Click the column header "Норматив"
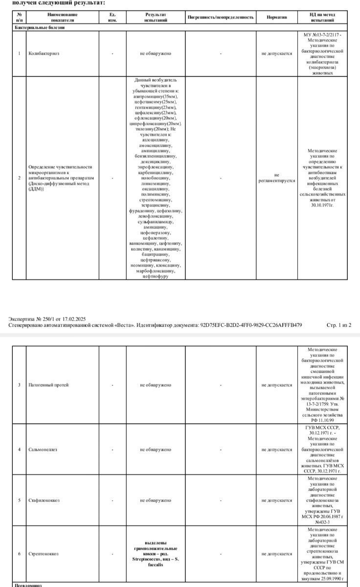coord(277,17)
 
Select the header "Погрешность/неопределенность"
coord(221,17)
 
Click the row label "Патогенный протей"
coord(48,385)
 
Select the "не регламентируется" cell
coord(277,178)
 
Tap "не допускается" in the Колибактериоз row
coord(277,53)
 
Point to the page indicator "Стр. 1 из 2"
coord(338,325)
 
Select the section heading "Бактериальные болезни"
coord(39,27)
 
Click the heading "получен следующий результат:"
coord(58,3)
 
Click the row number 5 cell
coord(19,500)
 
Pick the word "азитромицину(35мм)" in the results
coord(156,97)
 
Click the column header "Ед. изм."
coord(112,17)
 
